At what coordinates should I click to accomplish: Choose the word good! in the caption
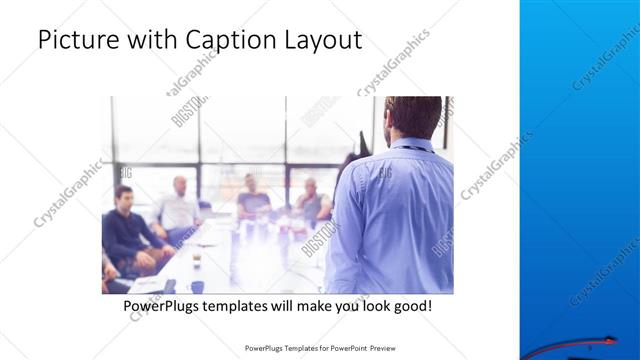412,305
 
